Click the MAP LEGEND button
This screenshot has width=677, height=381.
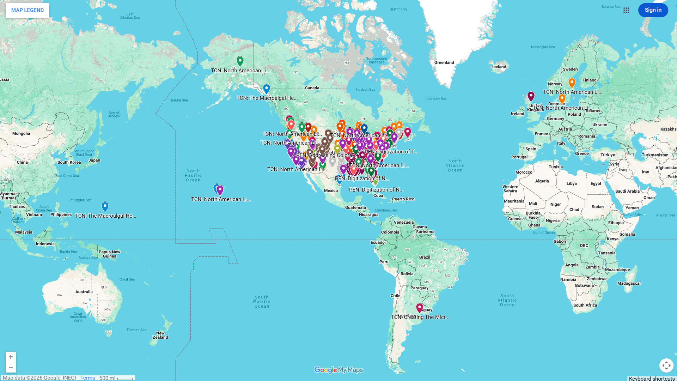[x=27, y=10]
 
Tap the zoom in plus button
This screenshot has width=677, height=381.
[x=11, y=357]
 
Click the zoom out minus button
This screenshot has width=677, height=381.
[x=11, y=368]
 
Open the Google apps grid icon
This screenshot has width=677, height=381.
[x=626, y=10]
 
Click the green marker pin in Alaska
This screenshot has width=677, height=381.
[x=240, y=61]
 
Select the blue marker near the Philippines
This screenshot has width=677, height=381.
[x=105, y=206]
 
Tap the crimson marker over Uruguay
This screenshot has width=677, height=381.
[x=420, y=308]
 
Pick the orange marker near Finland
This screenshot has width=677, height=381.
[x=572, y=83]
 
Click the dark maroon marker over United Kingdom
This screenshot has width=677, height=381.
[x=531, y=96]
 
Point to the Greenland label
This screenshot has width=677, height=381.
[x=444, y=62]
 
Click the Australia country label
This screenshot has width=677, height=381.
[x=84, y=292]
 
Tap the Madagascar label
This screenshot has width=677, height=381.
[x=629, y=283]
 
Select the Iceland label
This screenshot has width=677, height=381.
[x=499, y=67]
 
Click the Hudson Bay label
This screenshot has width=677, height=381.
[x=365, y=90]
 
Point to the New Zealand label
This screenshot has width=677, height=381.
[x=160, y=335]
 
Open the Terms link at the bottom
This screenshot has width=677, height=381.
[x=87, y=378]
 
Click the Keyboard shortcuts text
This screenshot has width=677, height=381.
[x=652, y=379]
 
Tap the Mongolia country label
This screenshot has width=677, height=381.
[x=21, y=133]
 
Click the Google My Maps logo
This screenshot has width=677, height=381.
[x=338, y=370]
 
